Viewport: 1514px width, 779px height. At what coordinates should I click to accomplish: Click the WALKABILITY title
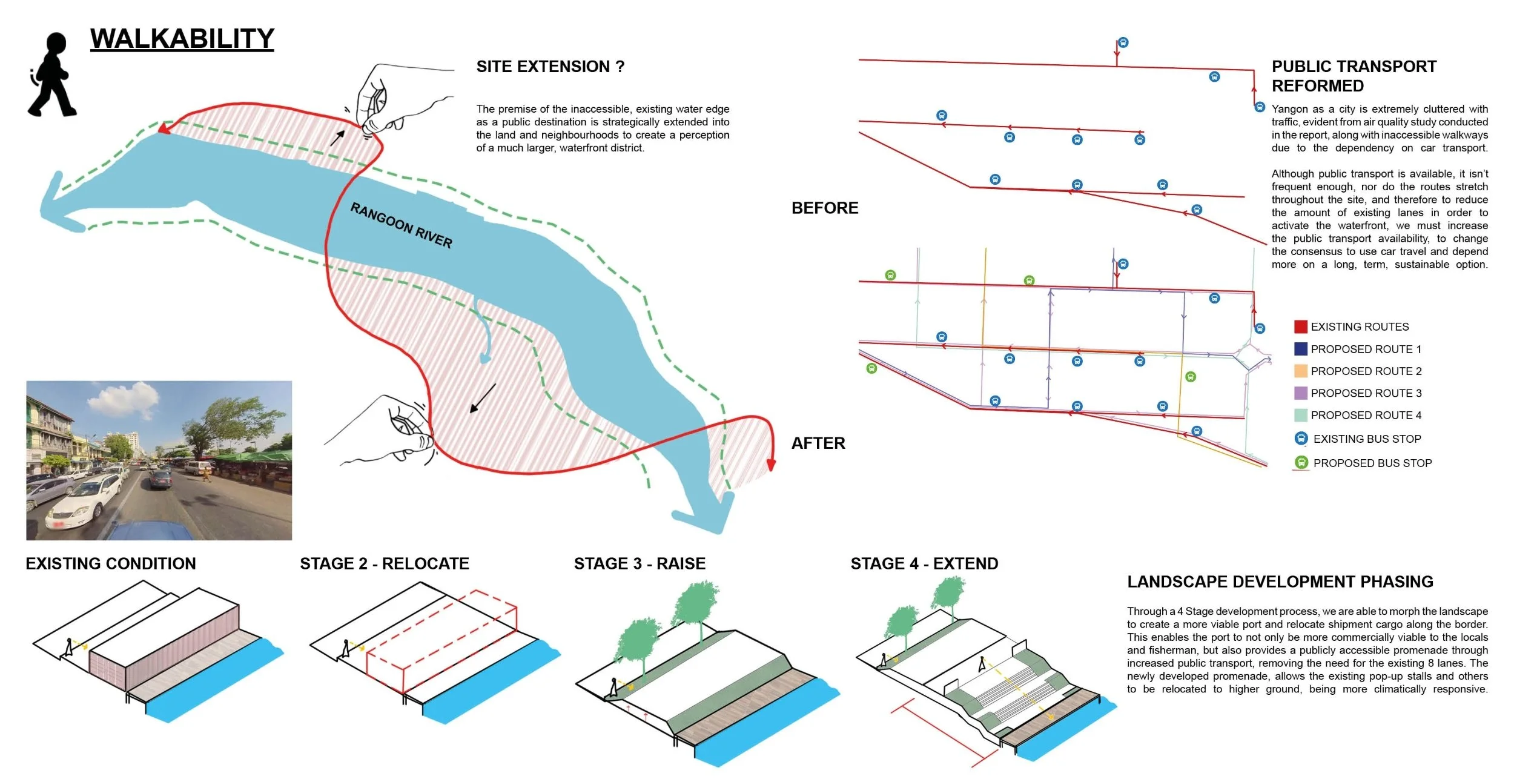tap(182, 39)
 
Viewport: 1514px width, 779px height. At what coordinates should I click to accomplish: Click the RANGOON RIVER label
tap(402, 225)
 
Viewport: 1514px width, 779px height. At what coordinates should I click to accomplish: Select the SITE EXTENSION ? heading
tap(550, 67)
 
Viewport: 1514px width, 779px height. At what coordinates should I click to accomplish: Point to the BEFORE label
tap(825, 208)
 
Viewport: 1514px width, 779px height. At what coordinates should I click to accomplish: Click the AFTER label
tap(818, 443)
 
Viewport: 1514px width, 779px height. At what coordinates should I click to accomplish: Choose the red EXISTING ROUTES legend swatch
tap(1300, 327)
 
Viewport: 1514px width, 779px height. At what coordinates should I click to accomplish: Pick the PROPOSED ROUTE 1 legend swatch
tap(1300, 349)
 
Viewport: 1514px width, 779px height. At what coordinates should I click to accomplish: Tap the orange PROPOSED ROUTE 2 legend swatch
tap(1300, 371)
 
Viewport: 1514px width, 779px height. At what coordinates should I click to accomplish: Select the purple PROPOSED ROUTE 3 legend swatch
tap(1300, 393)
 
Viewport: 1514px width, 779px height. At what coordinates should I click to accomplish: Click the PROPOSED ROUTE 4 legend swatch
tap(1300, 415)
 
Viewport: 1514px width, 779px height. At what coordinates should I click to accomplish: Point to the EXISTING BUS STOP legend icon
tap(1301, 439)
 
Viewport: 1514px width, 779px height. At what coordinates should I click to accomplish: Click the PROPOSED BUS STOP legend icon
tap(1301, 463)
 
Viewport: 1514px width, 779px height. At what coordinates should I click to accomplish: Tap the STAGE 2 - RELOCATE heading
tap(385, 564)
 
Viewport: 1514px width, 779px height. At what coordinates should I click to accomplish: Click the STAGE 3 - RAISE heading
tap(640, 564)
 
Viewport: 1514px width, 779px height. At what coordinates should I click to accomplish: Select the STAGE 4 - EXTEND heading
tap(924, 564)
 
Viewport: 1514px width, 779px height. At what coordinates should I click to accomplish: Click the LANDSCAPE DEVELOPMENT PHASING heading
tap(1280, 582)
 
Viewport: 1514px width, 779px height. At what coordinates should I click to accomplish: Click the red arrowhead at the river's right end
tap(771, 464)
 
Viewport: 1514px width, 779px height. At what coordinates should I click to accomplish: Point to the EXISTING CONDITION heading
tap(111, 564)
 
